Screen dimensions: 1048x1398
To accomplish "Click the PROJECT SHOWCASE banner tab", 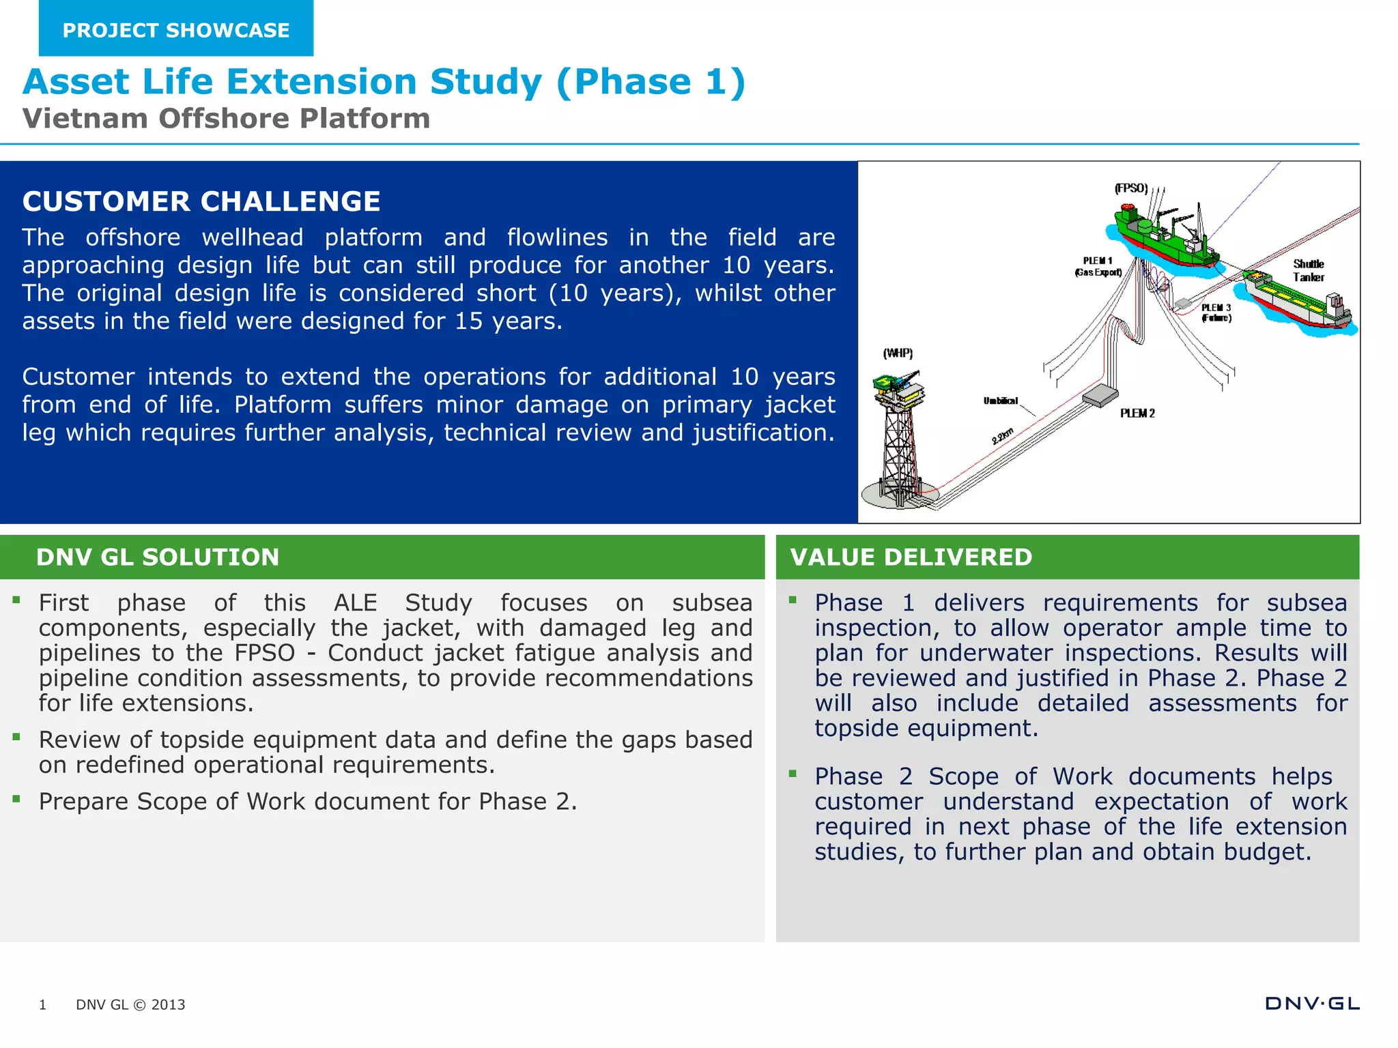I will (x=176, y=30).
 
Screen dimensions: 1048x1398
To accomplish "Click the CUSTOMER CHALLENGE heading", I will (x=201, y=201).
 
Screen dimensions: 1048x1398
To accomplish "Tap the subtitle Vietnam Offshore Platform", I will (x=226, y=119).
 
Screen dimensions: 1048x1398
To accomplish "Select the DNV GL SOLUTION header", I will (x=158, y=557).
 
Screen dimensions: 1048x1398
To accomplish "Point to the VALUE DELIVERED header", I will (x=911, y=557).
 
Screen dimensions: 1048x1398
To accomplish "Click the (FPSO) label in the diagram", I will (x=1131, y=188).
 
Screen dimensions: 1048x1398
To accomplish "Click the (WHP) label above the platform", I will (x=898, y=353).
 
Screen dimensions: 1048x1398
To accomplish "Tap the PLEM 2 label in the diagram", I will (x=1137, y=413).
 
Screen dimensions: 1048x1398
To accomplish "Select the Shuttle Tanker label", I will (x=1308, y=270).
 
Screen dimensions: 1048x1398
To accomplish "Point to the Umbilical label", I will (x=1000, y=401).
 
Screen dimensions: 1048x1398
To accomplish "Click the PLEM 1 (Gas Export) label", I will (x=1098, y=266).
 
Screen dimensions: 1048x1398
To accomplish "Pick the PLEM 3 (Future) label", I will (x=1216, y=312).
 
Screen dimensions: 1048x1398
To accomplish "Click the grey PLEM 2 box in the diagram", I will (x=1100, y=394).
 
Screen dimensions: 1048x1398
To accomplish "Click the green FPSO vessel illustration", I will (x=1164, y=239).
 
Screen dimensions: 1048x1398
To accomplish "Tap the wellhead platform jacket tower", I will (x=899, y=443).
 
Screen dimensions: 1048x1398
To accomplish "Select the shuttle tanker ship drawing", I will (x=1294, y=300).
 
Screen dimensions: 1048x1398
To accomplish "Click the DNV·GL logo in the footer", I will (x=1312, y=1003).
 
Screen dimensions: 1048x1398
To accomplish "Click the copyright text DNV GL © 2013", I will (x=130, y=1004).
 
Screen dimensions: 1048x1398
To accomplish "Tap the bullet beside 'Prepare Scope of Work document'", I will (x=16, y=798).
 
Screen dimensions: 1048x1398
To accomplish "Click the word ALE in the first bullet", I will (x=355, y=602).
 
